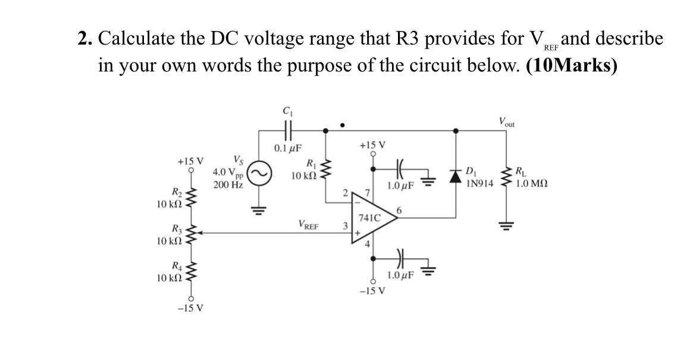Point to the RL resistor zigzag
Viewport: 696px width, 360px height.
pos(509,173)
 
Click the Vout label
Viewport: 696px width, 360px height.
pos(508,121)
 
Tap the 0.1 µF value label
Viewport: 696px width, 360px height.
pos(287,148)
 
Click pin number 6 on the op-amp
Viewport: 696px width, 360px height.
pos(400,210)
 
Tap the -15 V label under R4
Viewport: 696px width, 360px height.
pos(192,308)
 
